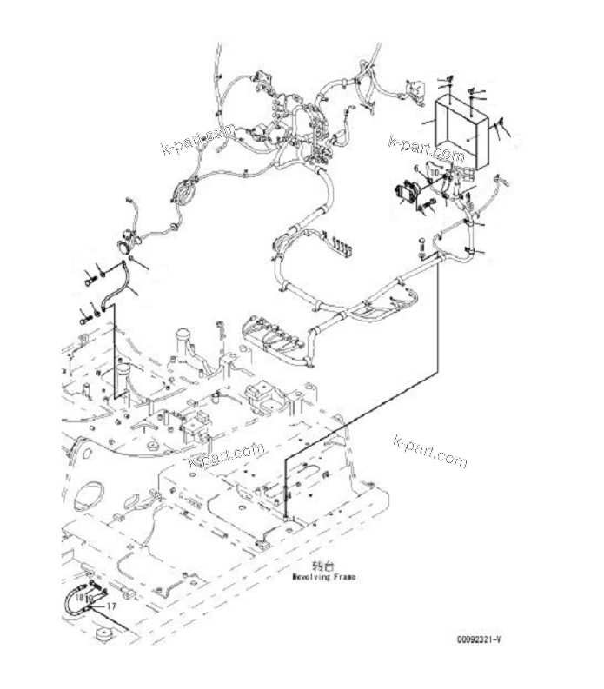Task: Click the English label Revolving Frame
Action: point(324,576)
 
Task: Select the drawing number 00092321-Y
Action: point(480,639)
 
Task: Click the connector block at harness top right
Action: point(416,89)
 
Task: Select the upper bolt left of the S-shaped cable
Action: point(90,280)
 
